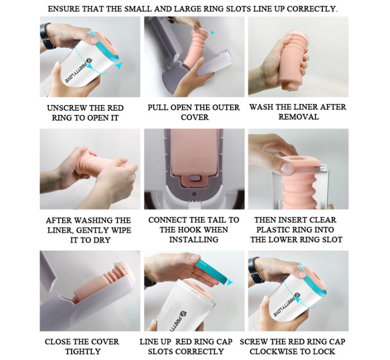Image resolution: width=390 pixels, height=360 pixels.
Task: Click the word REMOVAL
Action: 298,117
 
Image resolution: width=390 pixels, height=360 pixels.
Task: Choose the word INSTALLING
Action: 194,239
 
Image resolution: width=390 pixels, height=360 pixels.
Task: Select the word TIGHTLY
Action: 83,352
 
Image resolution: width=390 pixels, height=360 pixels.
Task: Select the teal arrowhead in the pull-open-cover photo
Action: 212,32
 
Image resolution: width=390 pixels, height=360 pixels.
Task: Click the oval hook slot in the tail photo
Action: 194,178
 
